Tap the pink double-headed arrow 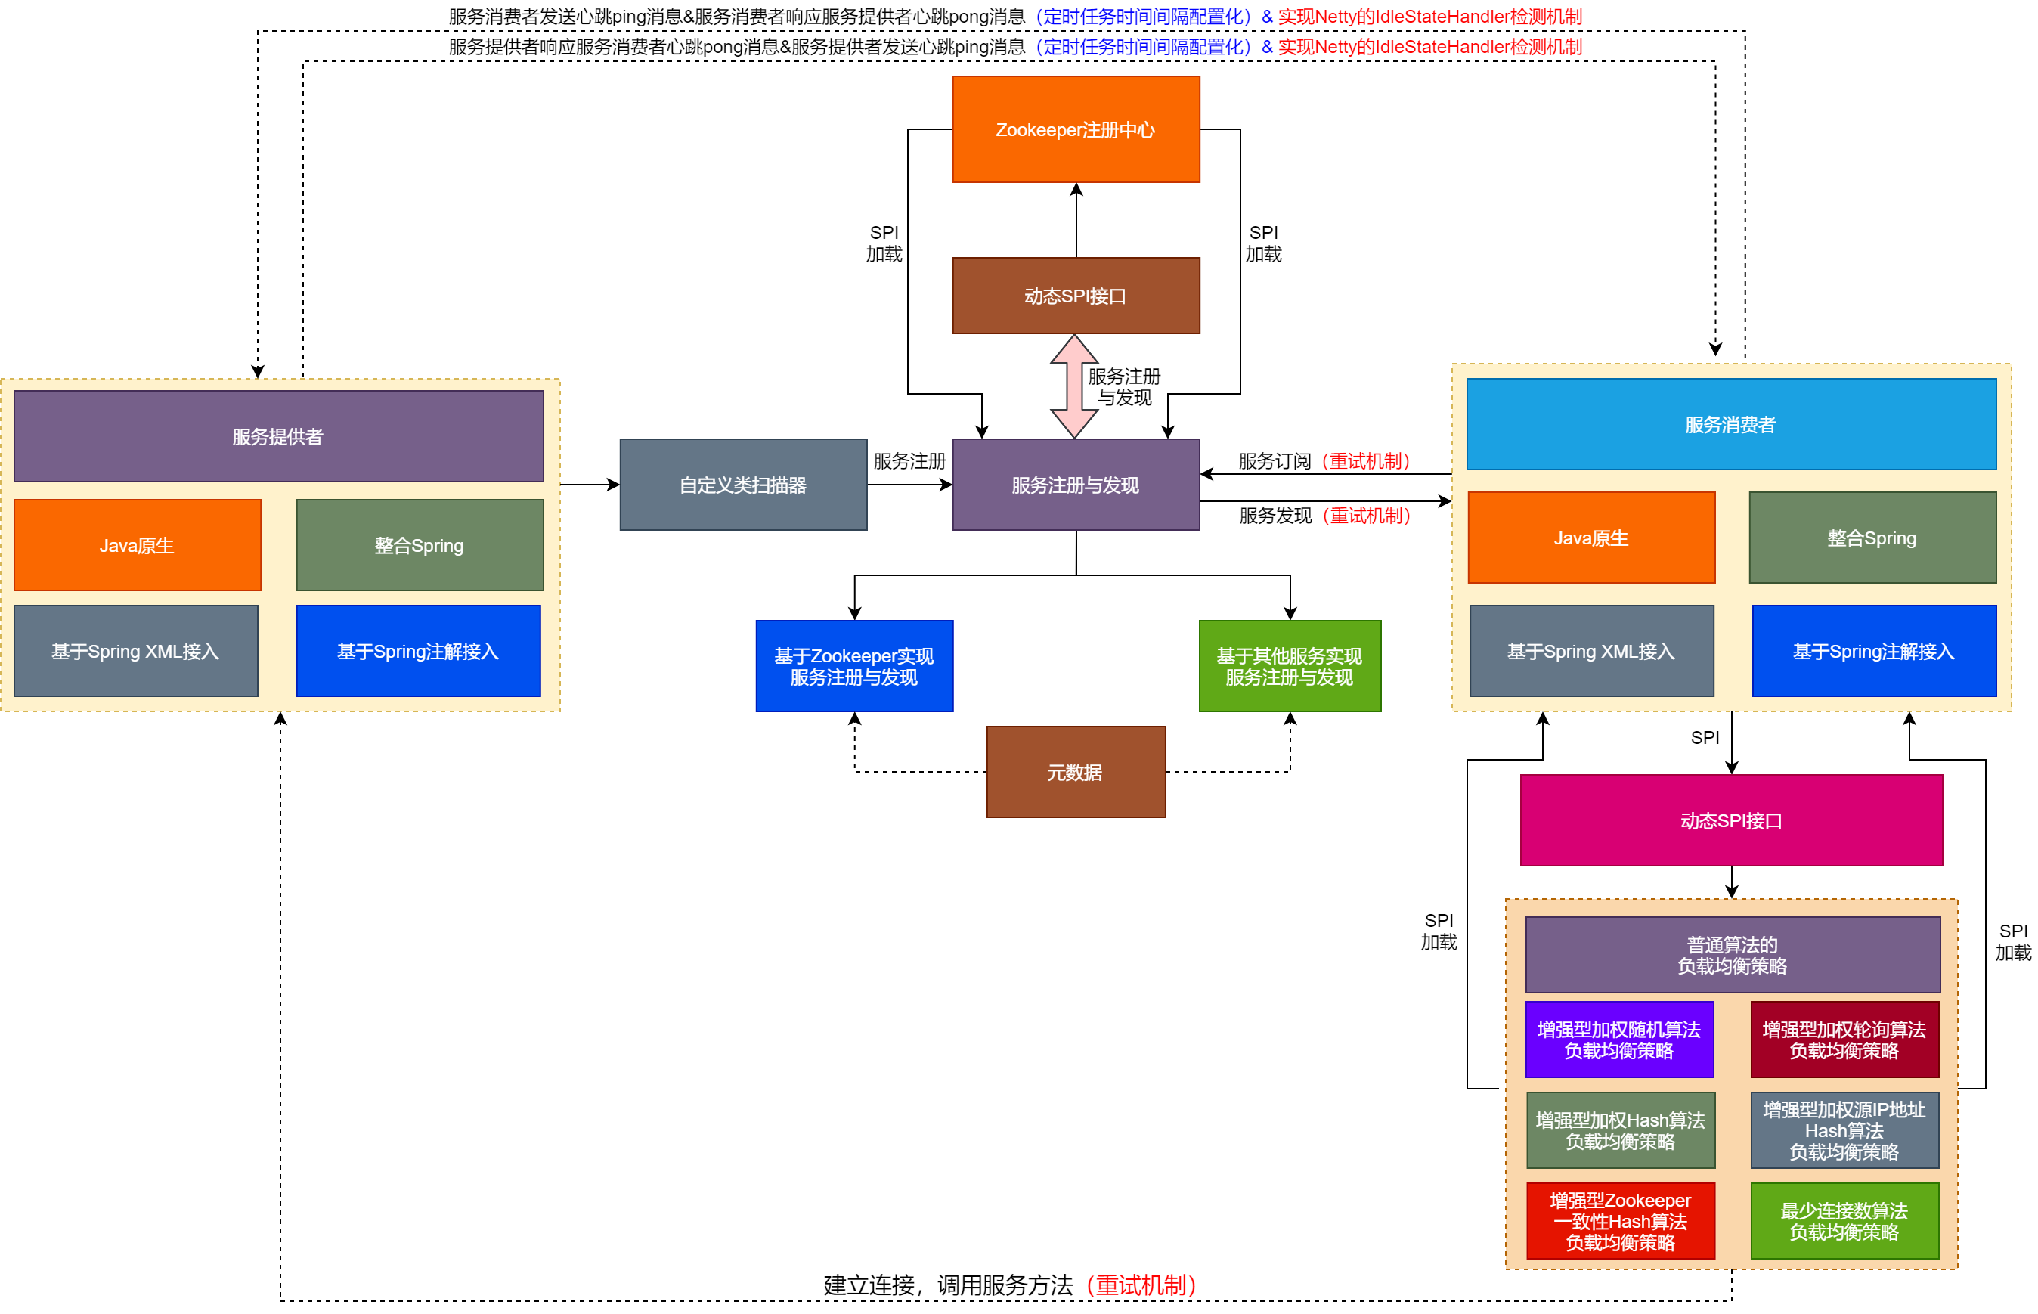[1073, 386]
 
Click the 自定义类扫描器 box [742, 485]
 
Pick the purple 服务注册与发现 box [1075, 485]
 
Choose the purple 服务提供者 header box [278, 436]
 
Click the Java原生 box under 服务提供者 [138, 544]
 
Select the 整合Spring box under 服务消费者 [1872, 538]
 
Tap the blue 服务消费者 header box [1730, 424]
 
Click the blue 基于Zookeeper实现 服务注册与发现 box [854, 665]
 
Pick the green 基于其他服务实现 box [1289, 665]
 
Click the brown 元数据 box [1075, 771]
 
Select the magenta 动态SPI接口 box [1730, 820]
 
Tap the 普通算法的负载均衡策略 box [1732, 954]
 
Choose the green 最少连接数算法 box [1844, 1220]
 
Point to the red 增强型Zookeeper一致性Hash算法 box [1619, 1220]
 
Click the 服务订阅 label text [1275, 460]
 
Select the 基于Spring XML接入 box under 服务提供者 [135, 651]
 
